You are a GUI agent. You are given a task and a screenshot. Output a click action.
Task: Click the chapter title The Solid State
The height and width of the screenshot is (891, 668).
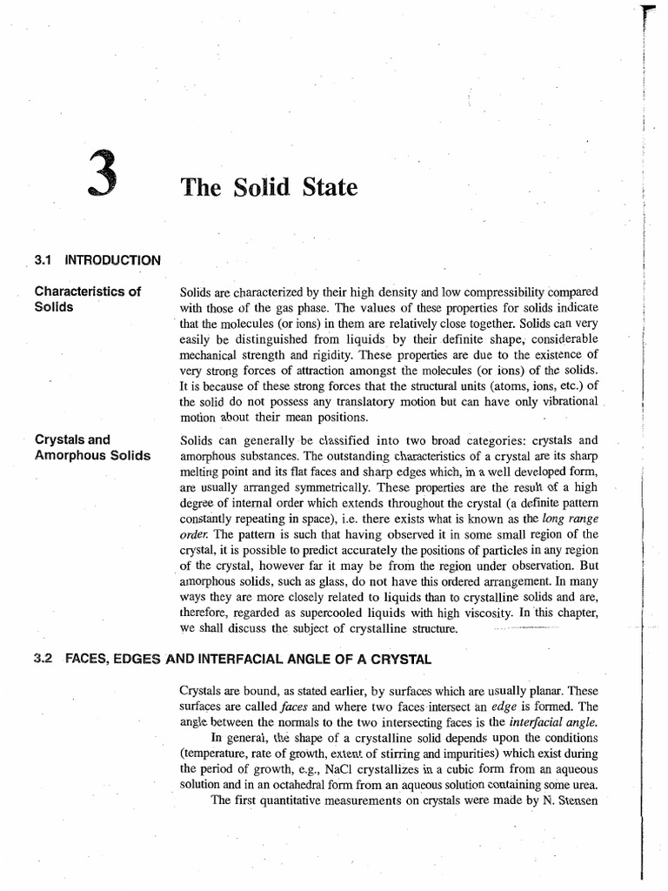click(x=268, y=187)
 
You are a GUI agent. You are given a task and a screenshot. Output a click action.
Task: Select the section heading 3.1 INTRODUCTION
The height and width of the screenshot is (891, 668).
click(x=97, y=259)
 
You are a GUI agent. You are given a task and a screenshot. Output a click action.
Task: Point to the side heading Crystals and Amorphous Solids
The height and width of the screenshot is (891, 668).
click(x=91, y=447)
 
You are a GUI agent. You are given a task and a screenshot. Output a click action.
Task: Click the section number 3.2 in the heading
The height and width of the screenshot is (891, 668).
click(x=43, y=660)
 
